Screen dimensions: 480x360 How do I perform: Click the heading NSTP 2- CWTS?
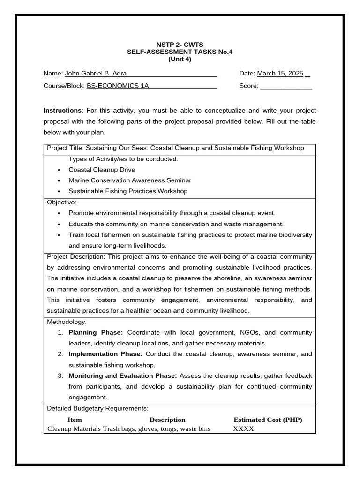[180, 45]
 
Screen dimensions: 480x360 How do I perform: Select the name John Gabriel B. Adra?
[95, 74]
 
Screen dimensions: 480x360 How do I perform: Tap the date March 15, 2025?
[280, 74]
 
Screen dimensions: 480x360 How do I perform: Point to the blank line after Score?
[286, 87]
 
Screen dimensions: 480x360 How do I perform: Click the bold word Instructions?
[62, 111]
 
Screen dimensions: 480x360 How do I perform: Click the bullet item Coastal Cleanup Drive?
[102, 170]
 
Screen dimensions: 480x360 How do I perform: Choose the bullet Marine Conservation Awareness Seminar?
[130, 180]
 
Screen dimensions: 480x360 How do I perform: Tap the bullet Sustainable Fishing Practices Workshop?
[128, 191]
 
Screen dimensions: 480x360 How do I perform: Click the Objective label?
[61, 202]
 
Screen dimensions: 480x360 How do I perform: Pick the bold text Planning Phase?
[96, 333]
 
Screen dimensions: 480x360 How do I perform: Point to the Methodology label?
[67, 322]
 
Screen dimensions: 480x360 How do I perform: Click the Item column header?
[75, 420]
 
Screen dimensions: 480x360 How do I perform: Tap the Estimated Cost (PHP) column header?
[268, 420]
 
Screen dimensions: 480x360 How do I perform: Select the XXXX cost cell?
[243, 429]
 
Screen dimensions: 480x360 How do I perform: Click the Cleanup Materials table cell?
[74, 429]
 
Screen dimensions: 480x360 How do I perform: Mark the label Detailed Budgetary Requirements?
[97, 409]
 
